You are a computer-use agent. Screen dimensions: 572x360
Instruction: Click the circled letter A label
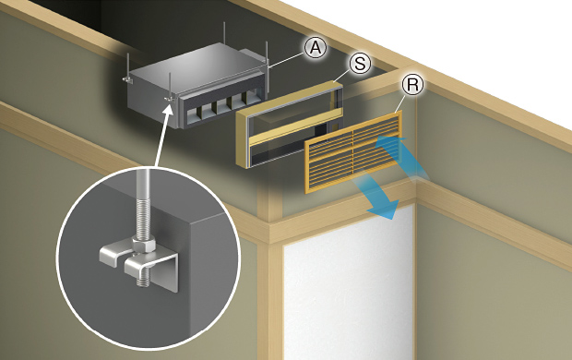coord(316,48)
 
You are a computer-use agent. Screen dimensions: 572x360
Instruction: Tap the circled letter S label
coord(360,64)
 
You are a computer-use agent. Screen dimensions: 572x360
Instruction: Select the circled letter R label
coord(412,85)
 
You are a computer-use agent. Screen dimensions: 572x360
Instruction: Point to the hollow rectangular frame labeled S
coord(243,138)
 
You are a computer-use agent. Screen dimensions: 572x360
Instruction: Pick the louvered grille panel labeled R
coord(354,152)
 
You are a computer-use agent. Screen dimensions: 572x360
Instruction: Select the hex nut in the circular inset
coord(144,245)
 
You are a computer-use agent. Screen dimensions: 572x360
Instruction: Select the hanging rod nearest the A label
coord(267,67)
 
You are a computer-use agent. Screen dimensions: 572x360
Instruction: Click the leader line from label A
coord(287,60)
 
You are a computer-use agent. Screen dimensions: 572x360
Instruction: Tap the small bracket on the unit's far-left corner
coord(125,78)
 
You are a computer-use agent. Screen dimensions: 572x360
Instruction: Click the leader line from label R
coord(400,103)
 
